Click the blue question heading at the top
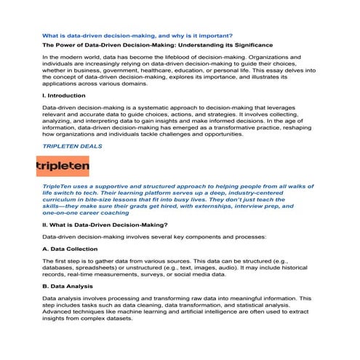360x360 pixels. coord(137,35)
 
